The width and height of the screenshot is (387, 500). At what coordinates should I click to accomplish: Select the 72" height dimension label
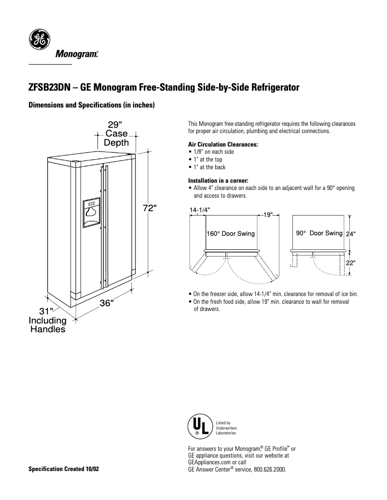coord(150,208)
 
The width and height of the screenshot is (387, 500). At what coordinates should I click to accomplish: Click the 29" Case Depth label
coord(116,134)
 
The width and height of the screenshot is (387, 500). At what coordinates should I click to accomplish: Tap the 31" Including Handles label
coord(47,321)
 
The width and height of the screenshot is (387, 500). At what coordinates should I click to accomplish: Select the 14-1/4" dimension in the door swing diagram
coord(199,210)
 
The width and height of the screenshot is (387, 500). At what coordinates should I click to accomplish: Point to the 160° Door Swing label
coord(231,233)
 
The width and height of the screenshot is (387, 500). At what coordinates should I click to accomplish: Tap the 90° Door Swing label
coord(319,233)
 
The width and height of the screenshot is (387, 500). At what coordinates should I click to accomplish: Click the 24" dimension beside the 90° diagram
coord(351,234)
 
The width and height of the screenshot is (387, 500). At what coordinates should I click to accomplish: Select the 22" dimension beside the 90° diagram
coord(351,263)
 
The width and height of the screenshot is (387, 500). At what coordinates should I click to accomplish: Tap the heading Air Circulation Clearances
coord(223,144)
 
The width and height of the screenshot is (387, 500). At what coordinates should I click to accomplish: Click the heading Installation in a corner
coord(218,181)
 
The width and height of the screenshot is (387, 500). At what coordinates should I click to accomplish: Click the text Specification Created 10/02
coord(64,469)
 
